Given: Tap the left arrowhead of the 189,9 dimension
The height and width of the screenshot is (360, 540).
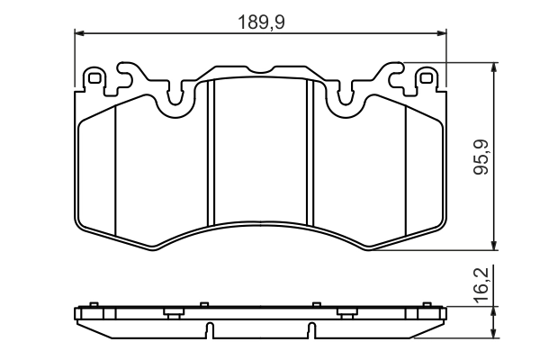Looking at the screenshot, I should pos(77,34).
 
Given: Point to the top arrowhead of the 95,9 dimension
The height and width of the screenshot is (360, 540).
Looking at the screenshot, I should pos(494,67).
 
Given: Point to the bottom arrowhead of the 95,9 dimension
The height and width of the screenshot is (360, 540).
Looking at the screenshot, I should pos(494,247).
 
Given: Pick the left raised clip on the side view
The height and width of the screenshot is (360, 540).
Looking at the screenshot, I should pos(172,312).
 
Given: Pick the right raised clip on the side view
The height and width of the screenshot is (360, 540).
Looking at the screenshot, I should pos(347,312).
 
